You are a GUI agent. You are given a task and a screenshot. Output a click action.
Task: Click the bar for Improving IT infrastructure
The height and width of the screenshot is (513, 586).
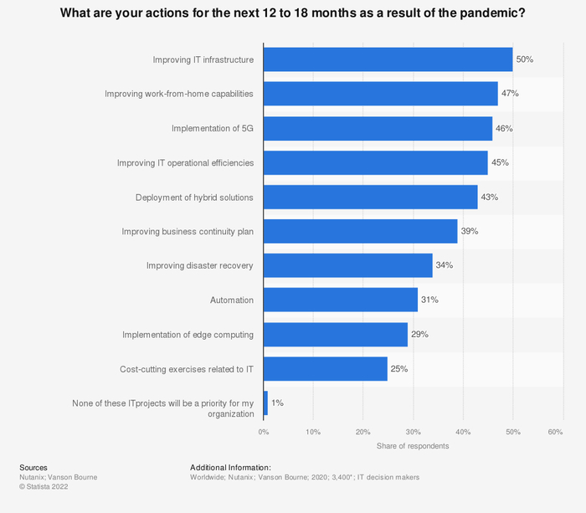tap(388, 59)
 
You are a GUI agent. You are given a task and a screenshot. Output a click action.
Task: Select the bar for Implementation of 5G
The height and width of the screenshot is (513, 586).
tap(378, 128)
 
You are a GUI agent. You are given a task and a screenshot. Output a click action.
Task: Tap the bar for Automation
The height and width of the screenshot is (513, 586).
tap(340, 300)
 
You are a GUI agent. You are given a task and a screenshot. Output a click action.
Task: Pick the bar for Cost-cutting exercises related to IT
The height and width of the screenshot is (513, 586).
tap(325, 368)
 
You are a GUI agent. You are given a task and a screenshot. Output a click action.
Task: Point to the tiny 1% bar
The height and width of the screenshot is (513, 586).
tap(265, 403)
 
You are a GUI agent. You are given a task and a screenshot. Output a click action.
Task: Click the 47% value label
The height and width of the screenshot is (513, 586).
tap(510, 94)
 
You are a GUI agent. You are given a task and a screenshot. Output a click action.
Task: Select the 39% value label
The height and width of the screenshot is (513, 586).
tap(470, 231)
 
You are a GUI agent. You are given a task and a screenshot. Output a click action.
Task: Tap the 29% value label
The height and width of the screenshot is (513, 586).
tap(419, 334)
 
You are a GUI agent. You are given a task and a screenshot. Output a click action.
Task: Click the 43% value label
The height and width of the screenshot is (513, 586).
tap(490, 197)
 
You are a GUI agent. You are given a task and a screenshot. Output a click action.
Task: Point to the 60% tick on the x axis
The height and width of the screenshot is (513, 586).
tap(555, 432)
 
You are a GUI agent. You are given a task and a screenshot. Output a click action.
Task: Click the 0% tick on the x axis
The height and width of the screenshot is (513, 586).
tap(264, 432)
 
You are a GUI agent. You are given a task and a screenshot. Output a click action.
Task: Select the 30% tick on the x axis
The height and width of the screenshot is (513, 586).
tap(412, 432)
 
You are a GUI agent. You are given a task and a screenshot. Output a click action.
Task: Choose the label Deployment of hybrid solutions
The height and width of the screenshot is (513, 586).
tap(194, 197)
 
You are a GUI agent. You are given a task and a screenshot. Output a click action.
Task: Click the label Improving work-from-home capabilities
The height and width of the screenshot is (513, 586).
tap(178, 94)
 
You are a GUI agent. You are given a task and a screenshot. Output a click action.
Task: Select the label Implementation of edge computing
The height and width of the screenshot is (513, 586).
tap(188, 334)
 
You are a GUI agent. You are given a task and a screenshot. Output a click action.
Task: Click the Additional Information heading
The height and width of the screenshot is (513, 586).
tap(230, 467)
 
